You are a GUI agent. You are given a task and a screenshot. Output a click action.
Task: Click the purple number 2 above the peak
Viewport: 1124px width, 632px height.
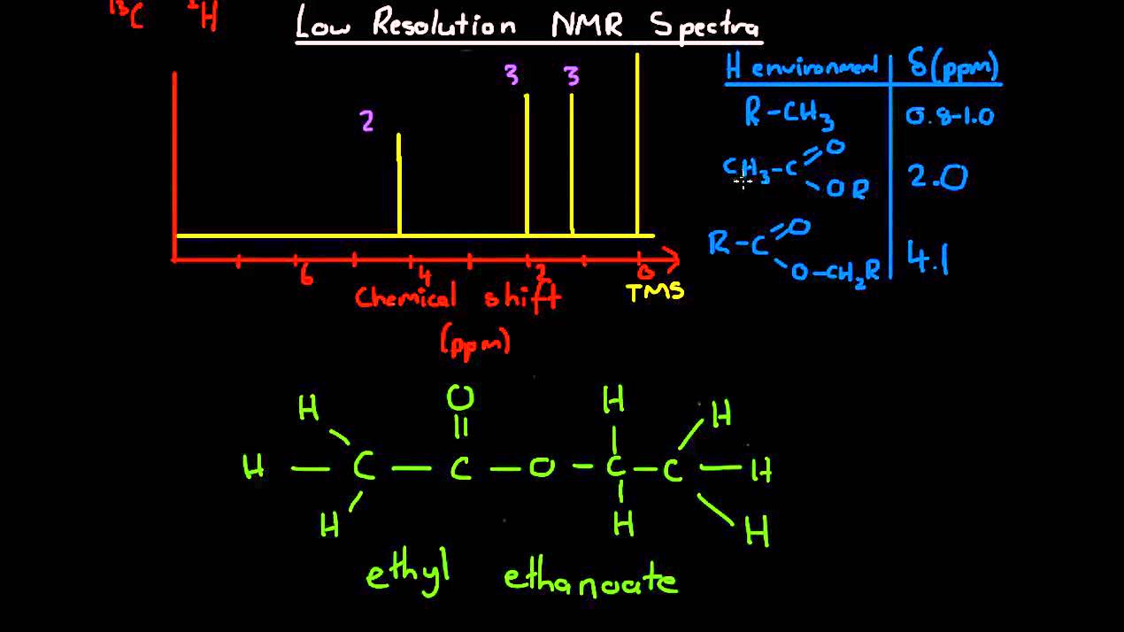tap(367, 121)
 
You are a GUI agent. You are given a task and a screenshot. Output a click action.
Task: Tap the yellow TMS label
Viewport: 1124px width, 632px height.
tap(655, 292)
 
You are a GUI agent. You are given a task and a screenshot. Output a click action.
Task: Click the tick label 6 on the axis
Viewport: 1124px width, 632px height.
tap(305, 275)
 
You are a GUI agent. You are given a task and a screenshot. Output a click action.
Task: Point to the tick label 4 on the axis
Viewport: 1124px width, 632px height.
tap(425, 275)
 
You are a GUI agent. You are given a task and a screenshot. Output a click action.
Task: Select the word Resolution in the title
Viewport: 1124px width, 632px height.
tap(443, 25)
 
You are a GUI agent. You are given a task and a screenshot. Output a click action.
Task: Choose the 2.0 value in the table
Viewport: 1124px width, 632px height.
tap(938, 177)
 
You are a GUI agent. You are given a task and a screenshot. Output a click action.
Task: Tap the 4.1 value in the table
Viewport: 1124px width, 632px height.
tap(928, 258)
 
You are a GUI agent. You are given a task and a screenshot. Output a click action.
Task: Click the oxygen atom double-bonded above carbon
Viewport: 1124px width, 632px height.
tap(460, 397)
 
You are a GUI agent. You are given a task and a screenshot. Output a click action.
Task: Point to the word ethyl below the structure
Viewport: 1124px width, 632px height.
tap(408, 576)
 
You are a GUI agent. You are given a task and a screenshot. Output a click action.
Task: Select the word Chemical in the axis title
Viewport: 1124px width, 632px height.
tap(405, 297)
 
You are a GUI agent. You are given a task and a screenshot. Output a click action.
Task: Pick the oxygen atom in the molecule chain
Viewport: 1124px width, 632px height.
tap(542, 468)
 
